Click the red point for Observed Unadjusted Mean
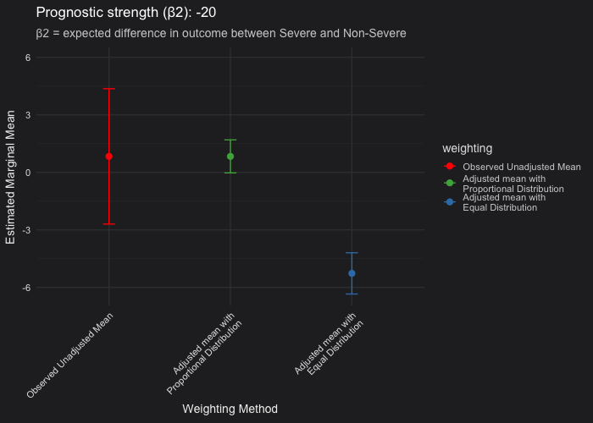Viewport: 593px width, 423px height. (109, 157)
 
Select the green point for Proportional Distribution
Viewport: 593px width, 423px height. (230, 157)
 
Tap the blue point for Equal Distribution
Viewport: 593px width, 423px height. (352, 273)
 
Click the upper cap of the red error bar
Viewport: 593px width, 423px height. (109, 89)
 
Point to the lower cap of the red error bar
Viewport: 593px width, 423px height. (109, 224)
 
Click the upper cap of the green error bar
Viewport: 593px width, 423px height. (230, 140)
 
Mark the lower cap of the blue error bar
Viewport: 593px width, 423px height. (352, 294)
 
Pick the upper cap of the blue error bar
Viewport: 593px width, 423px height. (352, 253)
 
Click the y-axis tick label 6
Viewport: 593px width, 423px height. (28, 58)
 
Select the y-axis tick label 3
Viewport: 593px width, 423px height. (28, 115)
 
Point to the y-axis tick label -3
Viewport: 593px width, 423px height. (26, 230)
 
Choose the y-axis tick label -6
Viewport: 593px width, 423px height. (26, 288)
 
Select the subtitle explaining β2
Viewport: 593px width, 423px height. (221, 34)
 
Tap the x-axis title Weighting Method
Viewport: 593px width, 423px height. (230, 409)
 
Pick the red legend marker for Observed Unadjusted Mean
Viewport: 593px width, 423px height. (450, 167)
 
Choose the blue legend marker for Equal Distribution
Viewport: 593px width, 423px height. (450, 201)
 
